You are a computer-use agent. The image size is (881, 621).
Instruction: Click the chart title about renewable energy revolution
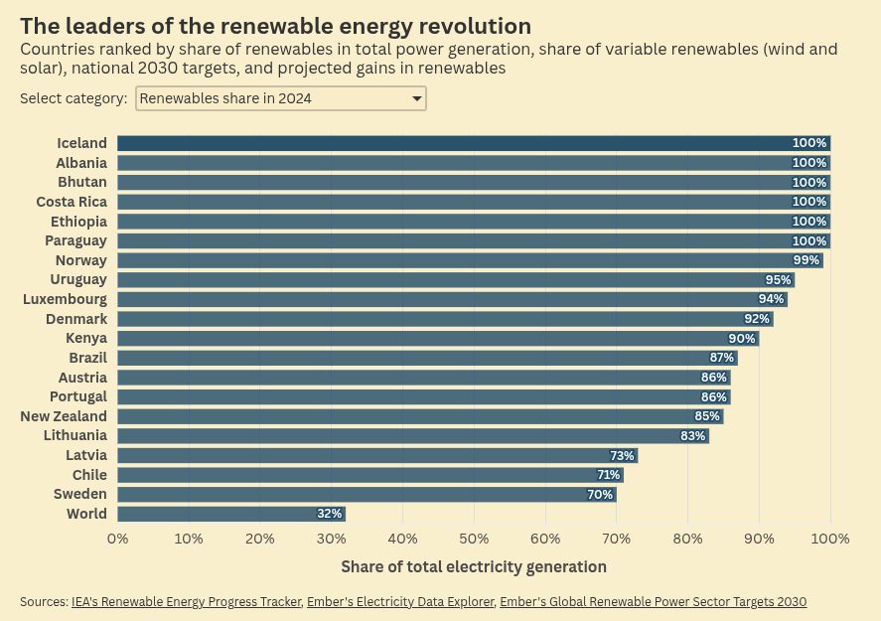[275, 26]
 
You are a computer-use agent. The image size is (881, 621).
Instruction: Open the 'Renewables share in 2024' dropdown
[280, 98]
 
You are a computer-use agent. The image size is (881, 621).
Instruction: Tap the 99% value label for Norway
[806, 260]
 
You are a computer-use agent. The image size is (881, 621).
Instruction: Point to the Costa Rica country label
[72, 202]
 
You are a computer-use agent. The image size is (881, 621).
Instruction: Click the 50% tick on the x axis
[474, 539]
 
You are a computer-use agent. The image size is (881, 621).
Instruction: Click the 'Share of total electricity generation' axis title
[473, 566]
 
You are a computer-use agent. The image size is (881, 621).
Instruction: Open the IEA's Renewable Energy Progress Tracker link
[186, 602]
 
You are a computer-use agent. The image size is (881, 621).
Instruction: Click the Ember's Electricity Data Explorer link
[400, 602]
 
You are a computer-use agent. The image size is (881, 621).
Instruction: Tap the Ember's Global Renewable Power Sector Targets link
[653, 602]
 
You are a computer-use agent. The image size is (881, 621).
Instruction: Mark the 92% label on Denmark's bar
[757, 319]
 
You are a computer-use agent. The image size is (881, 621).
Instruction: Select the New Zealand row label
[64, 416]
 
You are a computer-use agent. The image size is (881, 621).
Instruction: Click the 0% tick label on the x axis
[117, 539]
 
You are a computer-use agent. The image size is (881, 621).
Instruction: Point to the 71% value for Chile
[608, 475]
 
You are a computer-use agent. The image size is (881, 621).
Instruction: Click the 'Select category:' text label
[73, 98]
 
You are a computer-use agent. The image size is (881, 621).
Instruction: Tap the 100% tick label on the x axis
[829, 539]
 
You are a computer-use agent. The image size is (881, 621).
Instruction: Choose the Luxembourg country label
[65, 299]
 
